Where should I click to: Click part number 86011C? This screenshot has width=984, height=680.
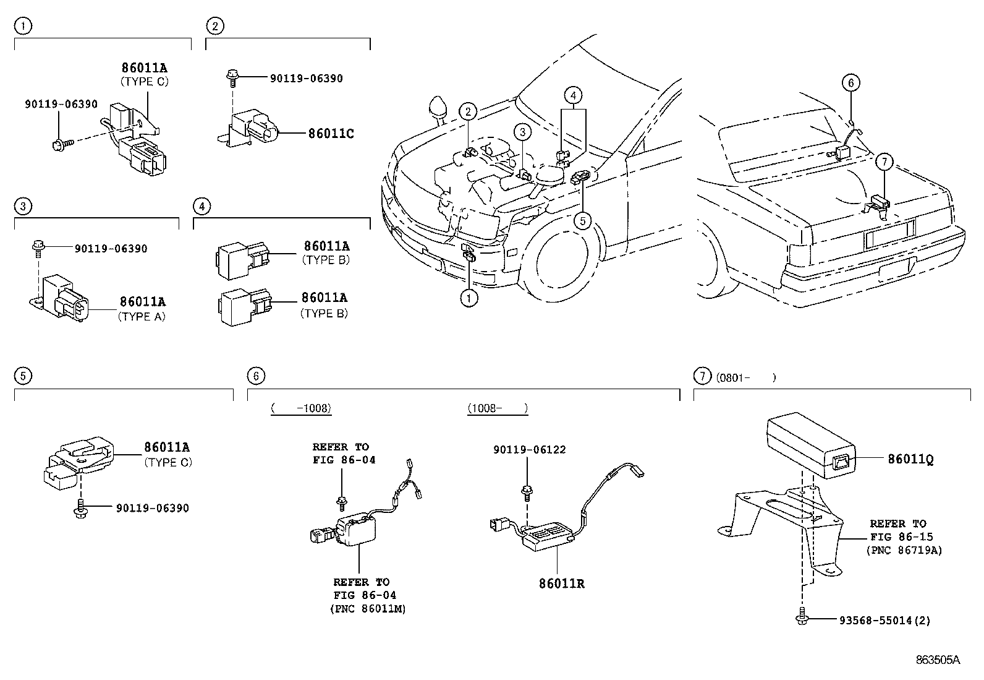point(331,133)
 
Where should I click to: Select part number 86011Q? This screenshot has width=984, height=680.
point(910,459)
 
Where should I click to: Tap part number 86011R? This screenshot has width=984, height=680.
point(561,583)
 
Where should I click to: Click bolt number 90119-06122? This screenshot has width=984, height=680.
point(529,450)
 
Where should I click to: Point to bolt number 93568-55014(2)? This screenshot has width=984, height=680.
point(884,620)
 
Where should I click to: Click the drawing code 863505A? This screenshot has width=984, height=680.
point(938,660)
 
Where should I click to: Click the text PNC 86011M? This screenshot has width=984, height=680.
point(368,609)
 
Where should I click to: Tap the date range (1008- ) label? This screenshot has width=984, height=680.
point(498,408)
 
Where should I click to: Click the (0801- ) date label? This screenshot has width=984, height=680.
point(745,377)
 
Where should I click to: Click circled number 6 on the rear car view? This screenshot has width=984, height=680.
point(850,83)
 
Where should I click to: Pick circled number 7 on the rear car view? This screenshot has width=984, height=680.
point(884,162)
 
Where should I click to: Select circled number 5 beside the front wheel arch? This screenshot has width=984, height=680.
point(582,220)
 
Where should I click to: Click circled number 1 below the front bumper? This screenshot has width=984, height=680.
point(469,298)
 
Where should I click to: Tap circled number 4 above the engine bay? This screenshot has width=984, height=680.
point(573,95)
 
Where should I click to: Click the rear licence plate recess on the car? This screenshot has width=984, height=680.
point(888,235)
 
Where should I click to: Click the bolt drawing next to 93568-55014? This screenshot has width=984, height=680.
point(802,619)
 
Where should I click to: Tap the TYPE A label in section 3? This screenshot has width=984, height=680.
point(142,316)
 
